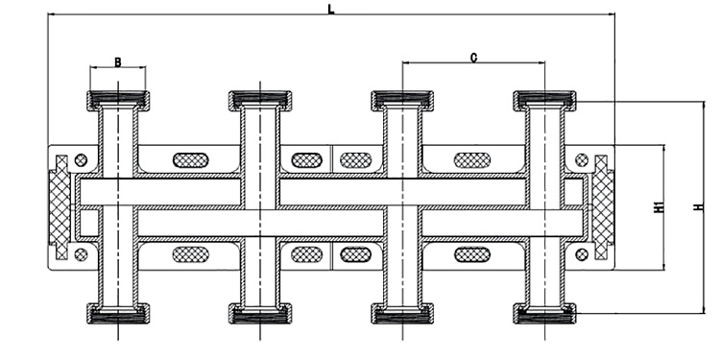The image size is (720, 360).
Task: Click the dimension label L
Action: pos(330,9)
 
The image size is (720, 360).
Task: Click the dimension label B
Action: pos(117,61)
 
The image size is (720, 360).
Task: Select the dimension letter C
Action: pos(473,58)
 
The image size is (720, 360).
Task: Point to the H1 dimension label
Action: pos(659,207)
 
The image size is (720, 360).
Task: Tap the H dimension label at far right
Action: pos(699,207)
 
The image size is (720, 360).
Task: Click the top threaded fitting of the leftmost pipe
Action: pos(118,101)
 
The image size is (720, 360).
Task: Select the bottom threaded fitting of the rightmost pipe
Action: pos(544,314)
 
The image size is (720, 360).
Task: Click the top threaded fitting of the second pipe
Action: pos(260,101)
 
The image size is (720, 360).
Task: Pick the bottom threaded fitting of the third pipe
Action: pos(402,314)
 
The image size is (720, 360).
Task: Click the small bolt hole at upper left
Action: pos(81,160)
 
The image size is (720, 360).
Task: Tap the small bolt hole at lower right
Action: pos(582,254)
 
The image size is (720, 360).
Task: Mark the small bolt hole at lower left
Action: pos(81,254)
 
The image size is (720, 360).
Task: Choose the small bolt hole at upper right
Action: pos(582,160)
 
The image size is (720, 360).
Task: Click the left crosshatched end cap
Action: pos(60,207)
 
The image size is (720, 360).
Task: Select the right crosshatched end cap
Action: pos(604,207)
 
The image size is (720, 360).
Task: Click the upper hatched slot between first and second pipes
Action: pos(191,160)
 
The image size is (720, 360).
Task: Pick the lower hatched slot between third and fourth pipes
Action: pos(472,254)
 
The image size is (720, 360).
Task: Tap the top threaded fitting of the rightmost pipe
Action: pos(544,101)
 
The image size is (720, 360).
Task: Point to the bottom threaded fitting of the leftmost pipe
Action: pos(118,314)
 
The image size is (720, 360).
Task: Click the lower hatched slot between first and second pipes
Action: pos(191,254)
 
